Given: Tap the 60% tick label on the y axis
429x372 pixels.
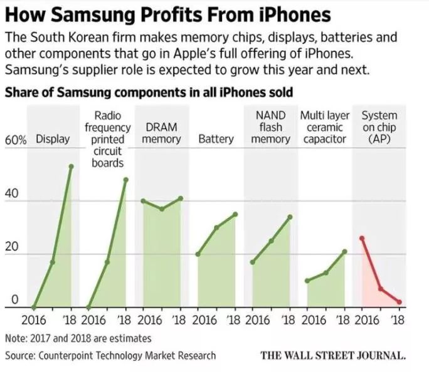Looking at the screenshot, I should (x=16, y=140).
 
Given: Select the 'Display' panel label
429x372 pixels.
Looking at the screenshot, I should (x=53, y=139).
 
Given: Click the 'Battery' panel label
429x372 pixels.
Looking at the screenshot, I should (x=216, y=139).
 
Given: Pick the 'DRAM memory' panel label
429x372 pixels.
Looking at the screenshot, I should (x=161, y=133).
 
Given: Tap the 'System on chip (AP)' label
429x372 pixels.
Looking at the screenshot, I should (x=379, y=127).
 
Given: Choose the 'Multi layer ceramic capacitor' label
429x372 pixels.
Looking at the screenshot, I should (x=325, y=127).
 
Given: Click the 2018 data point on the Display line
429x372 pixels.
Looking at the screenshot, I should (x=71, y=166).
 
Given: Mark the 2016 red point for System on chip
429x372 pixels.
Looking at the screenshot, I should (x=362, y=238).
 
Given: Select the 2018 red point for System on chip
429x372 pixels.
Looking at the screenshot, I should (x=399, y=302).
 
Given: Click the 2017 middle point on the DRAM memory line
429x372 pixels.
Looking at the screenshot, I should (x=161, y=209).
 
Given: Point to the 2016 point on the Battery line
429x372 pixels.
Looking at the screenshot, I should (x=198, y=254).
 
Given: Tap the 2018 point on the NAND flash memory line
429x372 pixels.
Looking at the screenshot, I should (x=290, y=217).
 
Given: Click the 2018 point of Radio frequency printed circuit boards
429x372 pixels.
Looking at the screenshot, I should (x=125, y=180).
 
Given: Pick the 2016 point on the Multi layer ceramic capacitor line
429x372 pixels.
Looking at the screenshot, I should (x=307, y=281).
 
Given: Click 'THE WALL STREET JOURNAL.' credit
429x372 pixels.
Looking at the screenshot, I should (x=333, y=355).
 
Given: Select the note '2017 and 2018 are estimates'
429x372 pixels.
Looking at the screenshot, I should (x=78, y=338).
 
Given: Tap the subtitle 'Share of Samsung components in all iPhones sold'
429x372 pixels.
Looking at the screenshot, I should (x=149, y=93).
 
